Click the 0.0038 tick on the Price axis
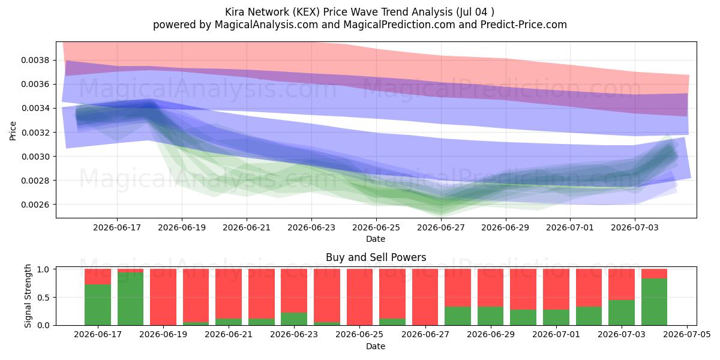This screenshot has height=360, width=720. tap(35, 60)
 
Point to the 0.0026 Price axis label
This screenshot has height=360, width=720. tap(35, 205)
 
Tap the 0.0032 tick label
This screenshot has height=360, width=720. tap(35, 133)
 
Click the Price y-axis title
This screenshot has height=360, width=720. tap(13, 131)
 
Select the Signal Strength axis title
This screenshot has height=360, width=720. tap(28, 296)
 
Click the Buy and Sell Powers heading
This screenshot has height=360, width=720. tap(376, 257)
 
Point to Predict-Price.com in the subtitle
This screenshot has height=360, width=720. tap(524, 25)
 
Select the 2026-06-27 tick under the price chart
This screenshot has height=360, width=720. tap(440, 227)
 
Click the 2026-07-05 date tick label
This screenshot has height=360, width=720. tap(687, 334)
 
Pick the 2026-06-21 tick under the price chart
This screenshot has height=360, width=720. tap(247, 227)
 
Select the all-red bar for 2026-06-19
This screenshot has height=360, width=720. tap(163, 297)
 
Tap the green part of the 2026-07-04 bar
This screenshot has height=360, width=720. tap(654, 302)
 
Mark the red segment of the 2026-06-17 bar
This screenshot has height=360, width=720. tap(98, 277)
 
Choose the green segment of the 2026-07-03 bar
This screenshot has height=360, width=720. tap(622, 313)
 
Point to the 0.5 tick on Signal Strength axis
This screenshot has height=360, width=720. tap(44, 298)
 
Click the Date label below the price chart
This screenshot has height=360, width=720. tap(376, 239)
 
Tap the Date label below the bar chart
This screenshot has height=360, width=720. tap(376, 346)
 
